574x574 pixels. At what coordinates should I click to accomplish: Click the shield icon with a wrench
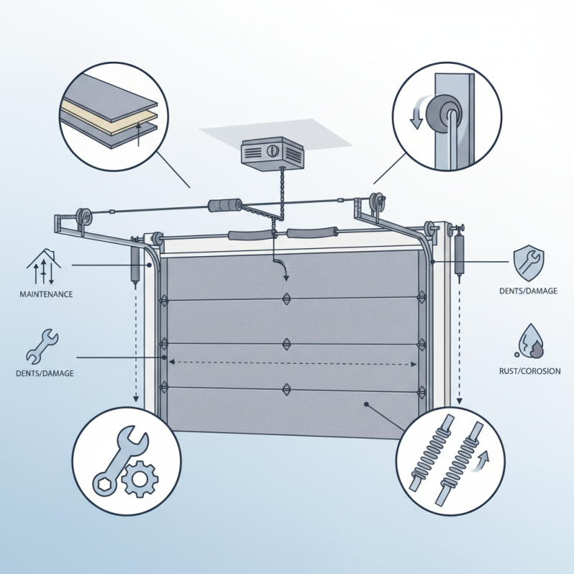point(529,262)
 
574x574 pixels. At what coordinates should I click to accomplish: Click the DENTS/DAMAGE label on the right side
point(529,291)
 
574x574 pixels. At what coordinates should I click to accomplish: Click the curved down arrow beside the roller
point(416,116)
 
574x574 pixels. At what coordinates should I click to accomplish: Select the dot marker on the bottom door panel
point(367,405)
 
